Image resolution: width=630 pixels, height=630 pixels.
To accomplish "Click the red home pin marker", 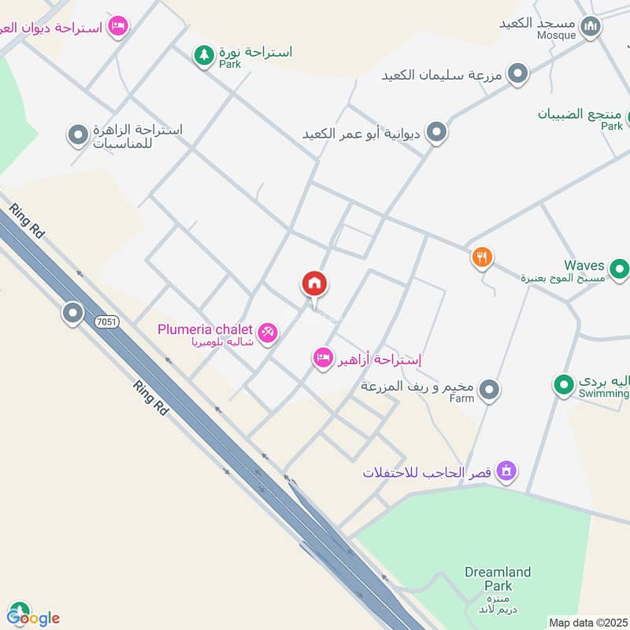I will point(315,284).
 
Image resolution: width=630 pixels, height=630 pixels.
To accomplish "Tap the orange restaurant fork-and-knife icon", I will point(482,257).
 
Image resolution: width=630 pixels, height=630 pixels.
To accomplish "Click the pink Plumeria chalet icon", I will point(268,332).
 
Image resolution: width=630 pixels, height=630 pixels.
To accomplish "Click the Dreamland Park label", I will point(498,579).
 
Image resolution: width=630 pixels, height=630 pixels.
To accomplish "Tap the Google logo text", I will point(33,617).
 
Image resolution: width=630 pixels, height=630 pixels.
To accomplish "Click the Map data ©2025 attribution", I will point(587,621).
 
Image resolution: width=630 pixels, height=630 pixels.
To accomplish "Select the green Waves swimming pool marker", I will point(620,271).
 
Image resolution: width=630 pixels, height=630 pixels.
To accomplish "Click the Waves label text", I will point(584,265).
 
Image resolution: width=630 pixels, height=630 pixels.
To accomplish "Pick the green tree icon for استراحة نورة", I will point(204,54).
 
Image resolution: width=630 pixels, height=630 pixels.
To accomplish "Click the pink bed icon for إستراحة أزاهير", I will point(322,358).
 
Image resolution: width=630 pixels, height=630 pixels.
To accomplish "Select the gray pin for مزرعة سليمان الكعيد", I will point(517,74).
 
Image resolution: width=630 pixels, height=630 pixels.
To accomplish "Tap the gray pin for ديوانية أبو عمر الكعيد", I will point(436,132).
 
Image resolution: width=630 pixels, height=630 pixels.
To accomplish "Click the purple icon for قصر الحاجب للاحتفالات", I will point(507,472).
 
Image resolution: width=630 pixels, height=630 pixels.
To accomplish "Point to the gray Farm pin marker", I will point(489,389).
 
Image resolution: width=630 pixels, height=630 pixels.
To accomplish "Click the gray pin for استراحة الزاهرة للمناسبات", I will point(77,136).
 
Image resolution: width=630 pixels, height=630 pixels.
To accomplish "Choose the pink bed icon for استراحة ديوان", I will point(117,27).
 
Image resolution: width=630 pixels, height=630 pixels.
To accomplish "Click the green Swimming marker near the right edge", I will point(562,385).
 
